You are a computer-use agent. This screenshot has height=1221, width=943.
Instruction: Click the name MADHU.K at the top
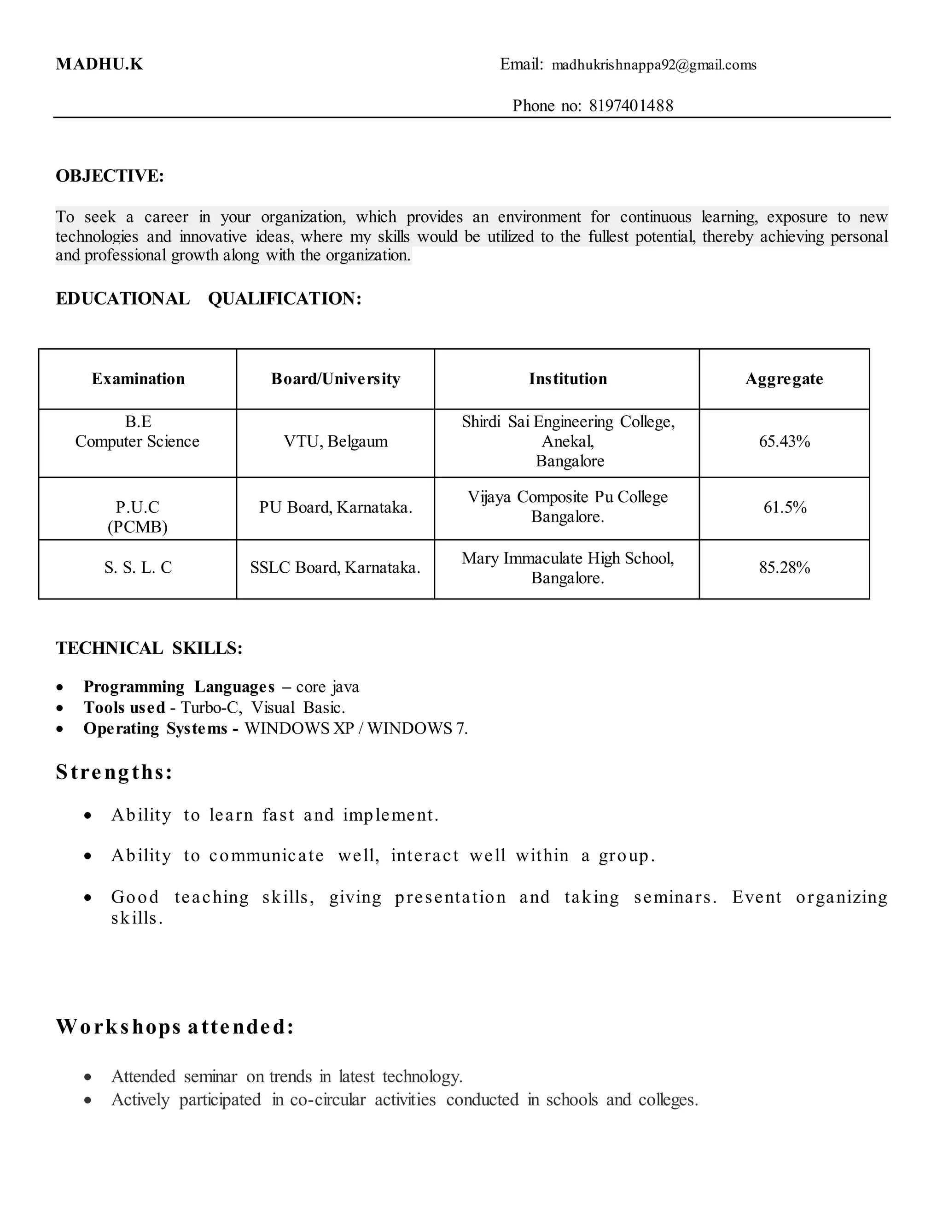[99, 65]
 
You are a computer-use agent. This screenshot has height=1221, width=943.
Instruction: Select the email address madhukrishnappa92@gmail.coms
[654, 65]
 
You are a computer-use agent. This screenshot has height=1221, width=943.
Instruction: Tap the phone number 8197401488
[631, 106]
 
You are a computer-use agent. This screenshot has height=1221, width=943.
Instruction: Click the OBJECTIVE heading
[110, 176]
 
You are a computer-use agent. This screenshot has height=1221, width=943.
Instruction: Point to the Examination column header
[138, 379]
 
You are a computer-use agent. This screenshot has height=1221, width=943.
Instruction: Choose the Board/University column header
[336, 379]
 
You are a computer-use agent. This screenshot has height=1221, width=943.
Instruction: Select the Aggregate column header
[784, 379]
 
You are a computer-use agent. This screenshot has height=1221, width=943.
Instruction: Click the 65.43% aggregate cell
[784, 442]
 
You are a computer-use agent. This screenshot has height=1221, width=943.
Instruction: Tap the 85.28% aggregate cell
[784, 568]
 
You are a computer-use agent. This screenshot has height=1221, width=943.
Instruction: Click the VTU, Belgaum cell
[336, 442]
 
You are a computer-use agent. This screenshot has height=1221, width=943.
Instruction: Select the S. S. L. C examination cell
[138, 568]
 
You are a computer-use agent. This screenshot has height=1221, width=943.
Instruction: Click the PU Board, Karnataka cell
[336, 508]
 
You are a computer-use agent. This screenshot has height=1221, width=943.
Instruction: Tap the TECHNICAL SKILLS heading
[149, 649]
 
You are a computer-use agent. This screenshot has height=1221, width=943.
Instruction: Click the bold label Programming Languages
[179, 687]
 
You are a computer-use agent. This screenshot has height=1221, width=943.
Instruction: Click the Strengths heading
[115, 772]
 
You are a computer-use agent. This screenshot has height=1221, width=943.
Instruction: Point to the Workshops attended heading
[175, 1027]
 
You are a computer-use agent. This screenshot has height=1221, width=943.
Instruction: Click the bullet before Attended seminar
[87, 1077]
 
